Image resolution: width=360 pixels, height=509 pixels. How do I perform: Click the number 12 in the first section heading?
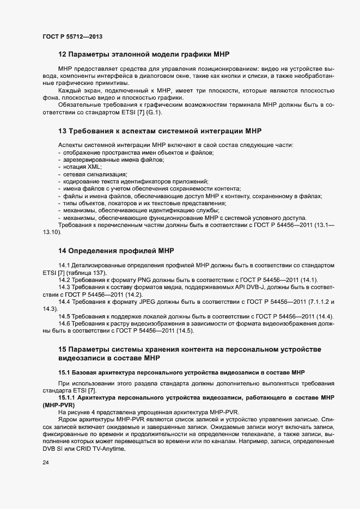[62, 55]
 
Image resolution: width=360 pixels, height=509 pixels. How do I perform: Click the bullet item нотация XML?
[78, 167]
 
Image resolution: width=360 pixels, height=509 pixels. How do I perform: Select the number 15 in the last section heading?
[62, 349]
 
